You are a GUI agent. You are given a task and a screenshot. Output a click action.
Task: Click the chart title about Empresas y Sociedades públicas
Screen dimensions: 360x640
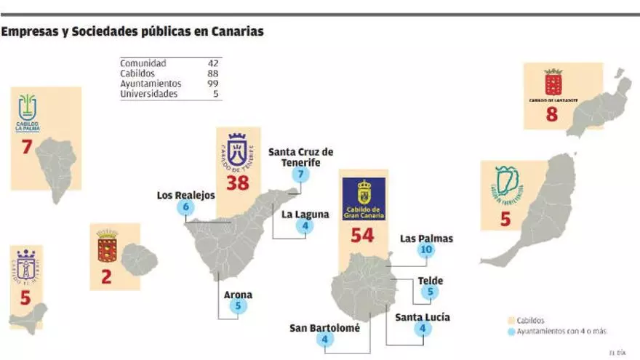pyautogui.click(x=132, y=32)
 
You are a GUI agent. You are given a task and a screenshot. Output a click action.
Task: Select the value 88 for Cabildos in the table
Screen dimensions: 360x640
pyautogui.click(x=213, y=73)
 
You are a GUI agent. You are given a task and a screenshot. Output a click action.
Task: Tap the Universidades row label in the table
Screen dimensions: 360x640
pyautogui.click(x=148, y=94)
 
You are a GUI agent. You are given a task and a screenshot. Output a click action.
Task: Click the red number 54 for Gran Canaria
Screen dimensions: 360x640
pyautogui.click(x=362, y=236)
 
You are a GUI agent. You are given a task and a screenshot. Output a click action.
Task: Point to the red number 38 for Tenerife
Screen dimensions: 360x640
pyautogui.click(x=237, y=183)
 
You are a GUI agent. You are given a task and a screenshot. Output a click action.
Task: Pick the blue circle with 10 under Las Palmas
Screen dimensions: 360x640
pyautogui.click(x=426, y=250)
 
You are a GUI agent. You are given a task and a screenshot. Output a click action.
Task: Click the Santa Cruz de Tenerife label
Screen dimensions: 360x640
pyautogui.click(x=300, y=157)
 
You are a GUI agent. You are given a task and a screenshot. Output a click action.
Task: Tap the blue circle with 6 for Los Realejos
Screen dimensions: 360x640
pyautogui.click(x=186, y=207)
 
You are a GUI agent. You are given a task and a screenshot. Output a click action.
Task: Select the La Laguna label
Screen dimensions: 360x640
pyautogui.click(x=305, y=215)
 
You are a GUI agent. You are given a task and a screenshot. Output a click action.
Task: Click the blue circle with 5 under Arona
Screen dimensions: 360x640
pyautogui.click(x=239, y=307)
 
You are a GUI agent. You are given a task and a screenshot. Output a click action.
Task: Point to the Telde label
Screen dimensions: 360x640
pyautogui.click(x=431, y=281)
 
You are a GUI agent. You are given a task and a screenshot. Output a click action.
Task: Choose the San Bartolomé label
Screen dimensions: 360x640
pyautogui.click(x=324, y=328)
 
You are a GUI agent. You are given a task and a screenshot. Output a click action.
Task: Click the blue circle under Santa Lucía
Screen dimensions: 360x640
pyautogui.click(x=423, y=329)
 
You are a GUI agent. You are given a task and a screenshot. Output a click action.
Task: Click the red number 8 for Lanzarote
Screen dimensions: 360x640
pyautogui.click(x=552, y=114)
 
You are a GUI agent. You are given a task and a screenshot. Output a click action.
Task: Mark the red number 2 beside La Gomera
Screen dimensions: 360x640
pyautogui.click(x=106, y=276)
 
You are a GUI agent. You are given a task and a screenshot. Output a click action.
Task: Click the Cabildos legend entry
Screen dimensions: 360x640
pyautogui.click(x=530, y=320)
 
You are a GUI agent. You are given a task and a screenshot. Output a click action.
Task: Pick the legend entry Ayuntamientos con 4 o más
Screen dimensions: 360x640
pyautogui.click(x=556, y=332)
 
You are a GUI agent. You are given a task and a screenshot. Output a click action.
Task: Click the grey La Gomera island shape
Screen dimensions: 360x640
pyautogui.click(x=139, y=260)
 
